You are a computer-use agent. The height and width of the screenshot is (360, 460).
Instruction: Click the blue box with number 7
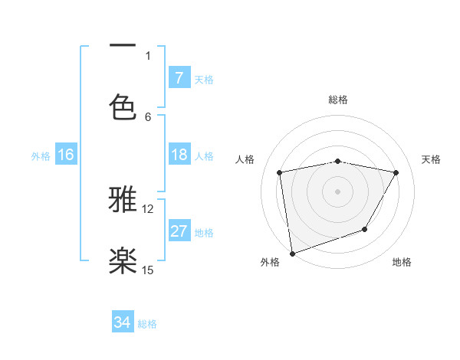coord(179,77)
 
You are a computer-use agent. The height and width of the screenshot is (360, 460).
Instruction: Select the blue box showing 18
coord(179,155)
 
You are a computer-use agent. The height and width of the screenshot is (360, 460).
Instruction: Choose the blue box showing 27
coord(179,231)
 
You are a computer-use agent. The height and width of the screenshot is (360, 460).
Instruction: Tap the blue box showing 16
coord(66,155)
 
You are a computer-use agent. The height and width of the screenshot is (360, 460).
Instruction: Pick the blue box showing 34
coord(122,322)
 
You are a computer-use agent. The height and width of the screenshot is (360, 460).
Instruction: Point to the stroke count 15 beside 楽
coord(148,270)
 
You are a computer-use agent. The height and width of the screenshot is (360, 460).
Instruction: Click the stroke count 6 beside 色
coord(148,116)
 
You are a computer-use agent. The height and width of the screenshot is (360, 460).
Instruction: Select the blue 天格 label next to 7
coord(204,79)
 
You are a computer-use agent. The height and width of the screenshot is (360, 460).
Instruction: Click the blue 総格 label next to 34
coord(147,324)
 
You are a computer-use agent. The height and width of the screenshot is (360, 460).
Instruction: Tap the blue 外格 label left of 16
coord(41,156)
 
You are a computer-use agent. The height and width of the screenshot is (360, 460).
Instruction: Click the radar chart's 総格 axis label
coord(337,100)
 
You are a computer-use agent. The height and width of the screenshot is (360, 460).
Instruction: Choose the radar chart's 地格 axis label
coord(402,262)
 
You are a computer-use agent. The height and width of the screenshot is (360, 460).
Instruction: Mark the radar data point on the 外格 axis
coord(292,253)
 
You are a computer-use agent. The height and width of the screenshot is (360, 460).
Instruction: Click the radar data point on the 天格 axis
coord(396,172)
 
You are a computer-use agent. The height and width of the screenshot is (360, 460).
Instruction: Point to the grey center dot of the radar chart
coord(337,191)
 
